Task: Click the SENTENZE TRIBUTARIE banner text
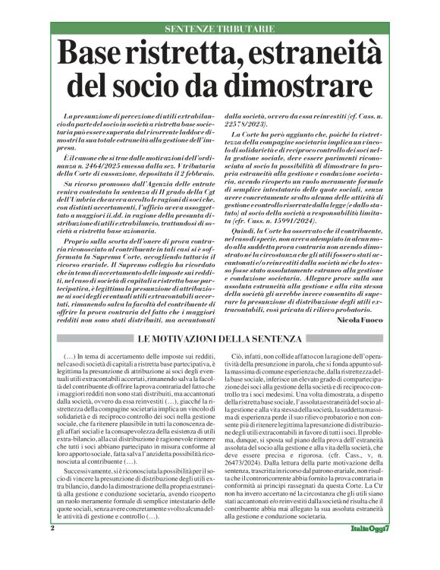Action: (x=220, y=29)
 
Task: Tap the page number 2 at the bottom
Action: (x=52, y=548)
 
